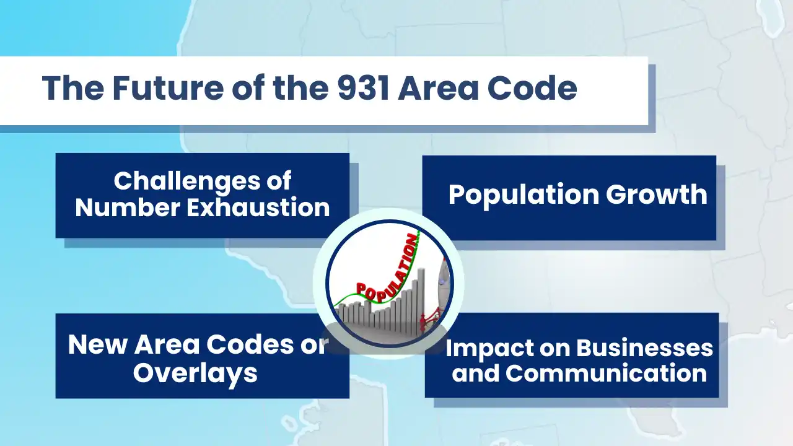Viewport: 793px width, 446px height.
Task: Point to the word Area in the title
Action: [x=438, y=89]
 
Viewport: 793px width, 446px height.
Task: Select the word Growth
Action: [x=656, y=195]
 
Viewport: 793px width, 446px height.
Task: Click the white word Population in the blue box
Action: [x=523, y=195]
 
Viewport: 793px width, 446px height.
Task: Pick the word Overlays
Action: [x=195, y=374]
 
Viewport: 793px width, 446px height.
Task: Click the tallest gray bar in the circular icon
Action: [x=421, y=297]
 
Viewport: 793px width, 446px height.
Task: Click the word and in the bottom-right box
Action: [x=475, y=374]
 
